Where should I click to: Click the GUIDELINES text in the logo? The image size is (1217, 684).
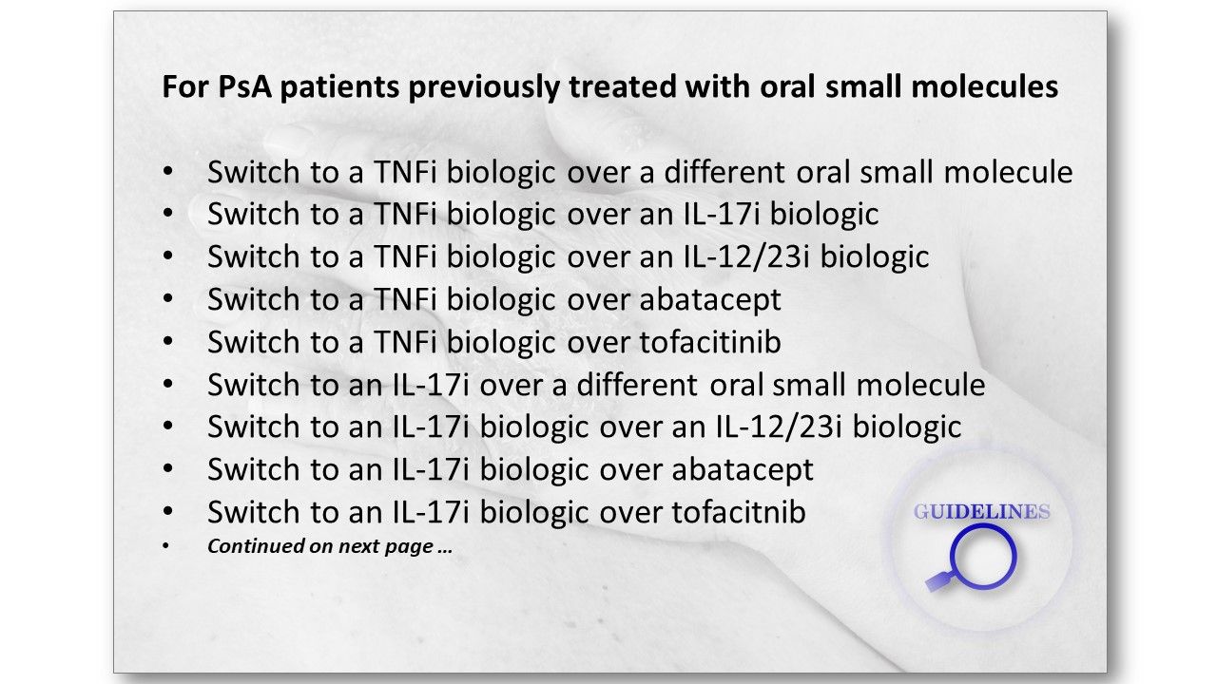tap(981, 512)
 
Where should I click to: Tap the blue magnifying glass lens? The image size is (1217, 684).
tap(983, 558)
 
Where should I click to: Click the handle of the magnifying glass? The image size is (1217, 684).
tap(938, 582)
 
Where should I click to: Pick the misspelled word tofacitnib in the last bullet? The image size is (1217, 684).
tap(739, 511)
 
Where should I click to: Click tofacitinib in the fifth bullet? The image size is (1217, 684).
tap(710, 341)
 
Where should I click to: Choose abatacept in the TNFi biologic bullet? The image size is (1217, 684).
tap(710, 300)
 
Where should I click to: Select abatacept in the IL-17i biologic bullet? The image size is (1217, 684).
tap(743, 470)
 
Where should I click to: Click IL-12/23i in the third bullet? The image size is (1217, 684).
tap(747, 256)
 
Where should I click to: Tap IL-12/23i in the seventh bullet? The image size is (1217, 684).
tap(779, 427)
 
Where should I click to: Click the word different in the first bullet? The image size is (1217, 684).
tap(724, 172)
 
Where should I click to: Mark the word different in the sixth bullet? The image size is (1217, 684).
tap(637, 385)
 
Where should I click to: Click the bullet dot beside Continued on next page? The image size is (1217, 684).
tap(166, 546)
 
